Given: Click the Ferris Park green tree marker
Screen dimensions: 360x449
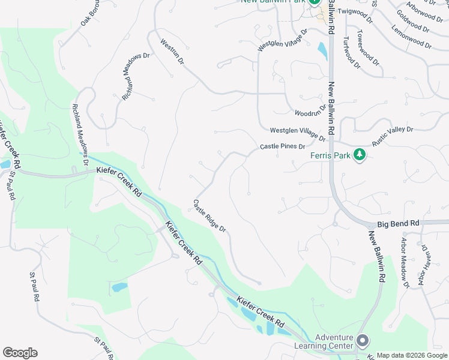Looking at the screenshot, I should coord(360,155).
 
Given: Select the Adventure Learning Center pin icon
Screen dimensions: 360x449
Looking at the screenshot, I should coord(363,341).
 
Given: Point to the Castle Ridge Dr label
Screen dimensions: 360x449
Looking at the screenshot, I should coord(209,216).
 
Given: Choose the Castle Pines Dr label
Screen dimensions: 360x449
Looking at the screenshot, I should coord(283,146).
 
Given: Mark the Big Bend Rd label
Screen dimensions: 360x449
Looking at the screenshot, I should coord(398,224).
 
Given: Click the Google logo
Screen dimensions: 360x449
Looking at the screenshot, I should coord(20,353).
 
